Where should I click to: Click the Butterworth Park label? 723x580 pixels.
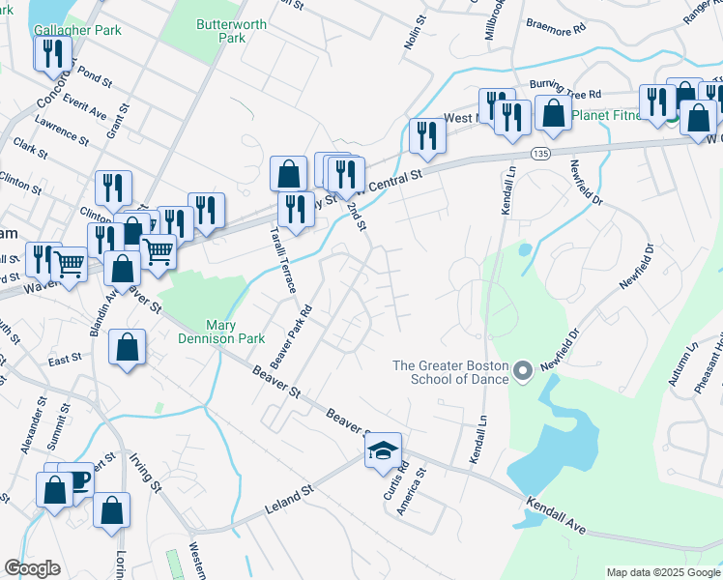(x=219, y=30)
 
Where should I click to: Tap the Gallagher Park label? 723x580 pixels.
(x=77, y=30)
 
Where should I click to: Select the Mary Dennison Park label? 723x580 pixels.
(x=236, y=333)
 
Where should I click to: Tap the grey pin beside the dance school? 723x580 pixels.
(x=523, y=370)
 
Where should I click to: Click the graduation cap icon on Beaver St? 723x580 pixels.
(x=383, y=450)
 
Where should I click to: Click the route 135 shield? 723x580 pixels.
(x=542, y=154)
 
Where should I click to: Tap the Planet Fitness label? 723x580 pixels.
(x=606, y=116)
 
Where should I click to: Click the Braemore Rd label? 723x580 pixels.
(x=556, y=28)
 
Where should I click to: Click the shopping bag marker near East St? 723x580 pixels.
(x=128, y=348)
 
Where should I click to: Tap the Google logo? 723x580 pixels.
(x=33, y=569)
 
